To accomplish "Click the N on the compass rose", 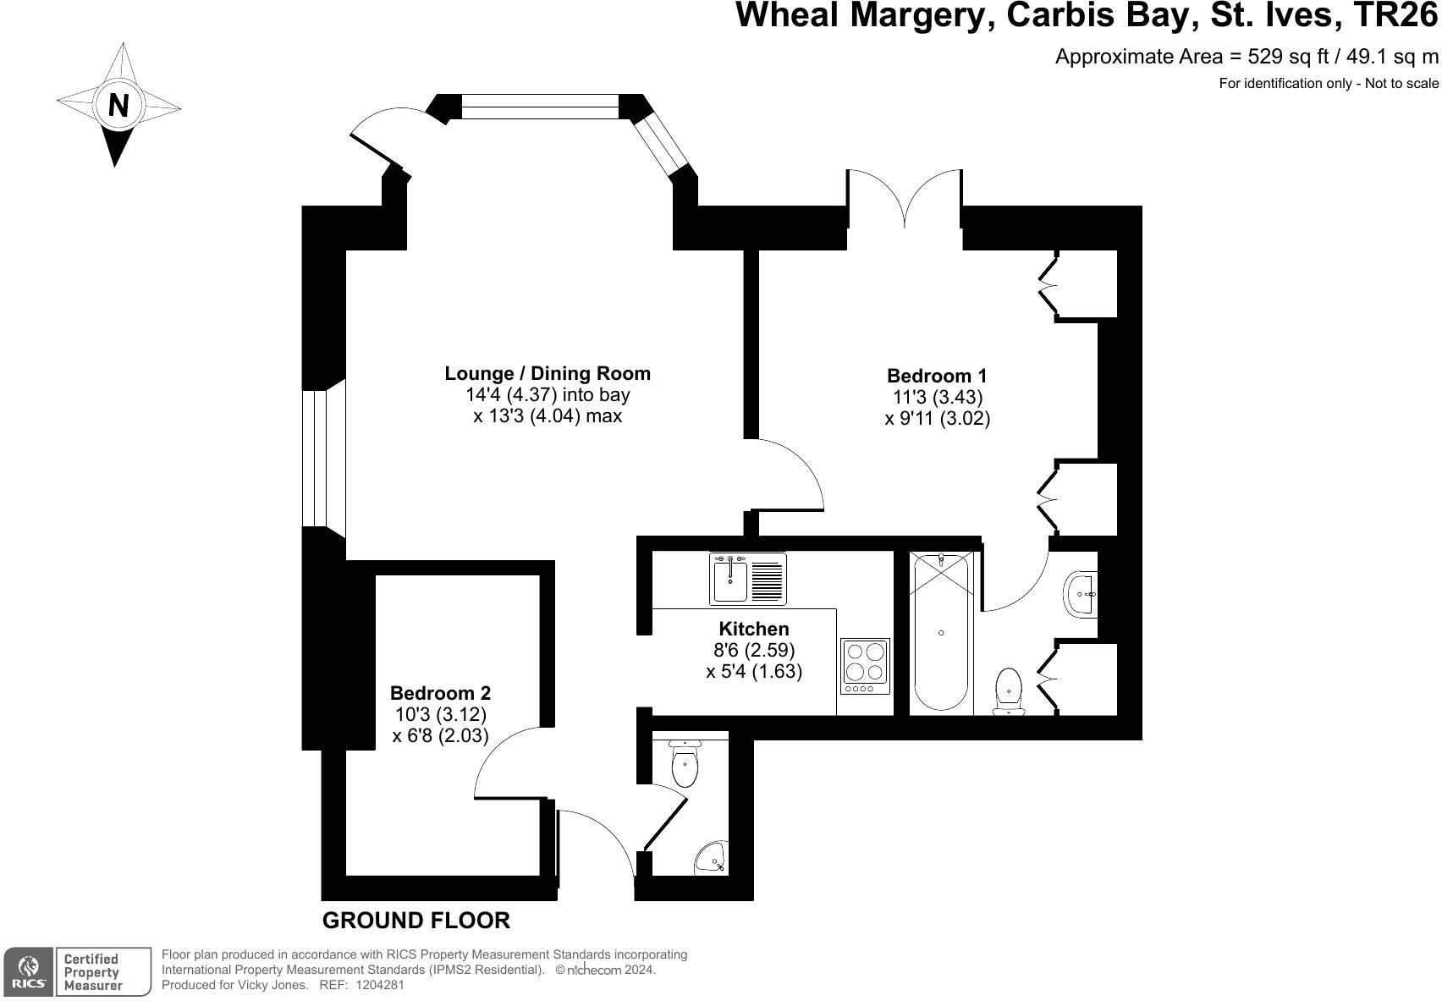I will coord(118,106).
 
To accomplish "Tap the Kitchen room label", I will coord(753,629).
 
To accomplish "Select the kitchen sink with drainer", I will coord(747,579).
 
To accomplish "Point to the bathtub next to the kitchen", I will coord(941,632).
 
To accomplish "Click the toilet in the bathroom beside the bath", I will coord(1009,690).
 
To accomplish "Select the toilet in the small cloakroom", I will coord(685,764).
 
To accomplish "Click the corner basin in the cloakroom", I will coord(712,861).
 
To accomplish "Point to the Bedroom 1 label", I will coord(937,376).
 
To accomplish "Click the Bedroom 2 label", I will coord(440,693).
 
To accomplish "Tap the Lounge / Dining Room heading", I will coord(548,373).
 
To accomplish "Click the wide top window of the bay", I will coord(540,107).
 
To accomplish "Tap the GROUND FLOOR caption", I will coord(416,921).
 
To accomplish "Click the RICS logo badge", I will coord(30,972).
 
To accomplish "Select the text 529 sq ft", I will coord(1288,57).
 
